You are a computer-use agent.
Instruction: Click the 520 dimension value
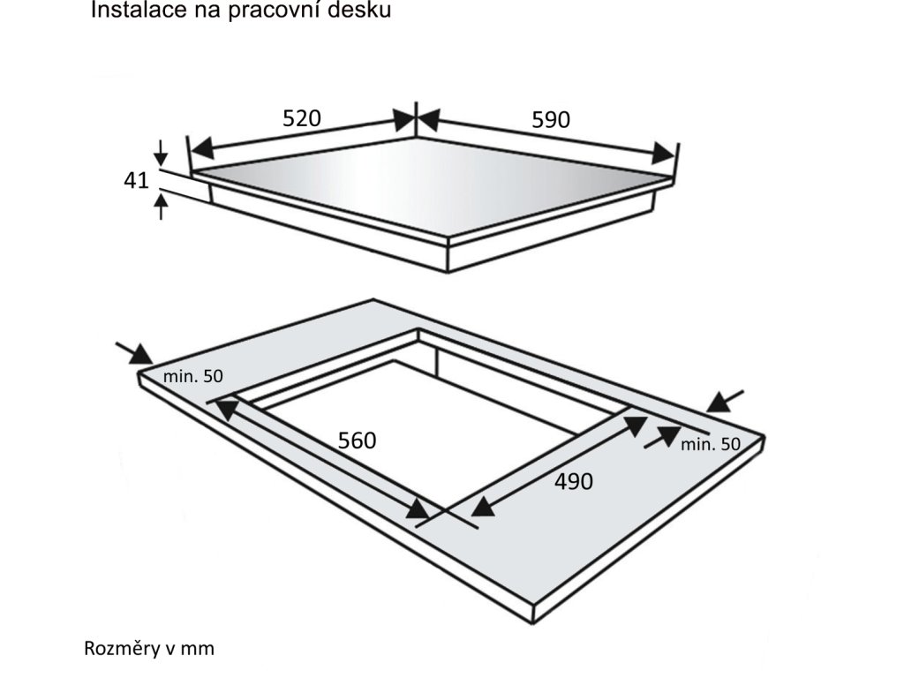point(301,118)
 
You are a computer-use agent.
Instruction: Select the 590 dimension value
point(551,120)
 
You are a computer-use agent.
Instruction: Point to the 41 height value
point(135,181)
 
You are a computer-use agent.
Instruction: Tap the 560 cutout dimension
point(358,440)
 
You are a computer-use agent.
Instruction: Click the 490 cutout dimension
point(574,481)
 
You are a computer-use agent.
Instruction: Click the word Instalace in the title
point(129,11)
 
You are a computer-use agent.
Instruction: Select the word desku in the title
point(364,11)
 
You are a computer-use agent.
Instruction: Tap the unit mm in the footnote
point(201,650)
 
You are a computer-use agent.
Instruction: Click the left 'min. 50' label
point(192,376)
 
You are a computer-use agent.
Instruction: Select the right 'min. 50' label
point(711,444)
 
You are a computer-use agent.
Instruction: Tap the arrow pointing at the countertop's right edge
point(726,401)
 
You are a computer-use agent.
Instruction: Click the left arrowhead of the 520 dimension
point(202,147)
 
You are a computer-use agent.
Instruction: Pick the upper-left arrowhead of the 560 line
point(228,408)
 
